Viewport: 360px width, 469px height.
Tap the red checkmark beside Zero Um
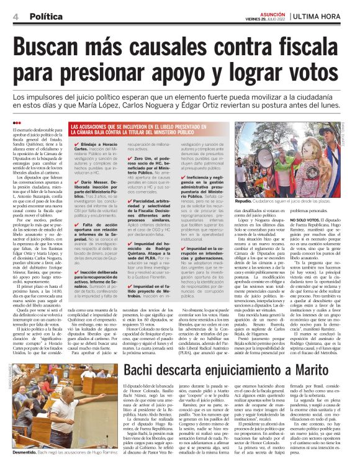point(130,158)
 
